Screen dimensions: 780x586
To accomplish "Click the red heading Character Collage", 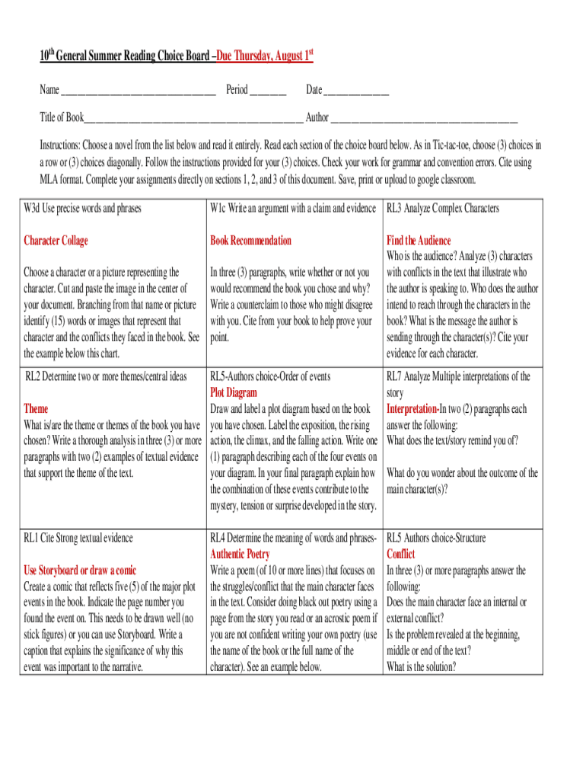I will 56,241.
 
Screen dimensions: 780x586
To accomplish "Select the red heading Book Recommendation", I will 250,241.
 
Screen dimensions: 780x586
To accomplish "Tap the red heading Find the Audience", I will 419,241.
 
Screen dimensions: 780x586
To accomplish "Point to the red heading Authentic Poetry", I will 240,555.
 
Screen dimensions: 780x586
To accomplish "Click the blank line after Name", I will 138,91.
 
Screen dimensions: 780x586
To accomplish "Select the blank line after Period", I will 268,91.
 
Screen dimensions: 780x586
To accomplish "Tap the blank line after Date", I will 356,91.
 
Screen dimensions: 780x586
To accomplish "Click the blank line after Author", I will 425,119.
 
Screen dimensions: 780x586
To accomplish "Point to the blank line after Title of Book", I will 193,119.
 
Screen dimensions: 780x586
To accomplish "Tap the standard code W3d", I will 33,208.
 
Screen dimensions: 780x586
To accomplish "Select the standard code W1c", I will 219,208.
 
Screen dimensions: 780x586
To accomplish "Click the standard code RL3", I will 394,208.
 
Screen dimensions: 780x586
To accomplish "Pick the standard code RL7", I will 394,376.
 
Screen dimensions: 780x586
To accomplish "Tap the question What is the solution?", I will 421,667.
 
